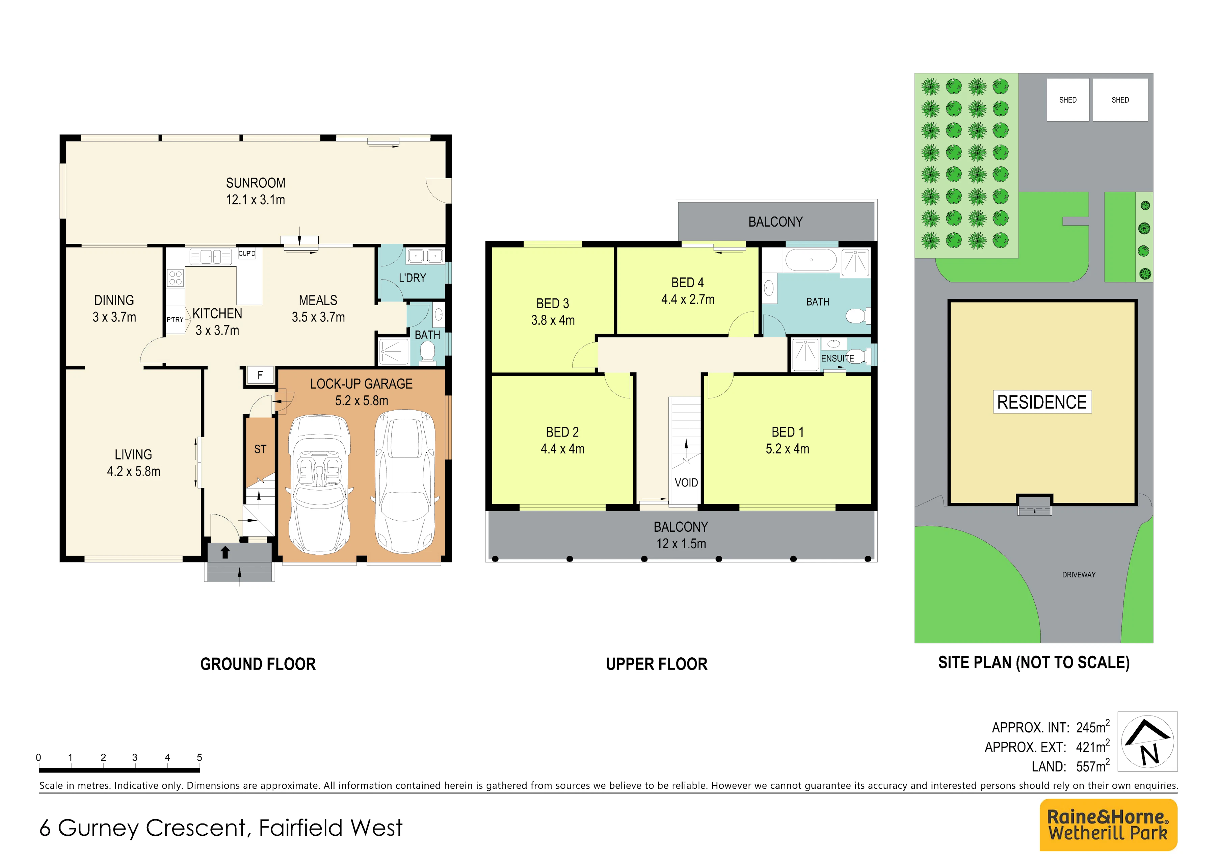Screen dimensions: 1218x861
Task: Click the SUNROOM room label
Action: (x=256, y=183)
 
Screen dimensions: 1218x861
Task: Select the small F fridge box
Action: (x=260, y=375)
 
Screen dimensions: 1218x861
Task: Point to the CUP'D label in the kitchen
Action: (x=247, y=254)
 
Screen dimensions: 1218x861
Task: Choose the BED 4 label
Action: (x=688, y=283)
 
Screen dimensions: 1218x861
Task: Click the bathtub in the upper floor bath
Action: (x=811, y=260)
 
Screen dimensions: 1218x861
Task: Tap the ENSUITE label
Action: (x=838, y=359)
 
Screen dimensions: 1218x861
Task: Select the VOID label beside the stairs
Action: (x=686, y=483)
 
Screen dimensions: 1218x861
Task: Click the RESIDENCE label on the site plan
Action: (x=1042, y=402)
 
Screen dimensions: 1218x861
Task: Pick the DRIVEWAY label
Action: (x=1079, y=575)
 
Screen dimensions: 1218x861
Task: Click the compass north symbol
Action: (x=1147, y=741)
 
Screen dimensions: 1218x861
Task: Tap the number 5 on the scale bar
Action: (x=200, y=758)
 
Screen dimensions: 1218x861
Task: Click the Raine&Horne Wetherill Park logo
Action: (x=1108, y=825)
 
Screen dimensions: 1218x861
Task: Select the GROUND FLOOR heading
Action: (x=258, y=664)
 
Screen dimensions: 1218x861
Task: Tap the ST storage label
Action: (x=260, y=449)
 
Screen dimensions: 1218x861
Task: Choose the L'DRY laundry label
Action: (x=412, y=278)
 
